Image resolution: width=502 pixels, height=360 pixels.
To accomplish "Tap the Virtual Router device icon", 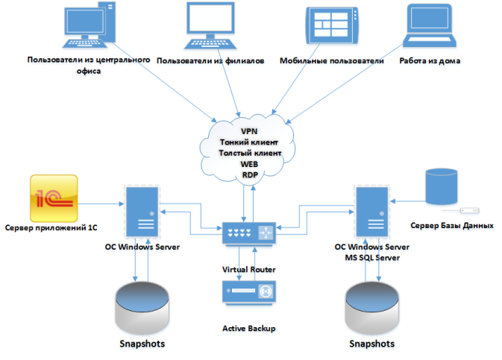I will (x=249, y=235).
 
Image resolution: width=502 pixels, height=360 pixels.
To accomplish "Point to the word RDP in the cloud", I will (x=249, y=174).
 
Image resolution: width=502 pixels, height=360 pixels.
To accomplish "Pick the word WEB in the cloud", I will (x=249, y=164).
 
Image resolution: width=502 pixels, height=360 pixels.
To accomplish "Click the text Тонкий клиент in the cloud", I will (x=249, y=142).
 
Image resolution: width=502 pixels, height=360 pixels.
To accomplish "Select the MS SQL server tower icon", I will (x=371, y=212).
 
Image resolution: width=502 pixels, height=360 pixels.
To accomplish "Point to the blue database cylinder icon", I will (x=440, y=188).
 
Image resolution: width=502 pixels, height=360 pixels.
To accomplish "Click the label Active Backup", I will (x=249, y=328).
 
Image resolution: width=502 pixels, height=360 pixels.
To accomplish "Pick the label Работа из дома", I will (x=430, y=61).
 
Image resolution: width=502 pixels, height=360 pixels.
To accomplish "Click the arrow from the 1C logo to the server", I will (x=100, y=202).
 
